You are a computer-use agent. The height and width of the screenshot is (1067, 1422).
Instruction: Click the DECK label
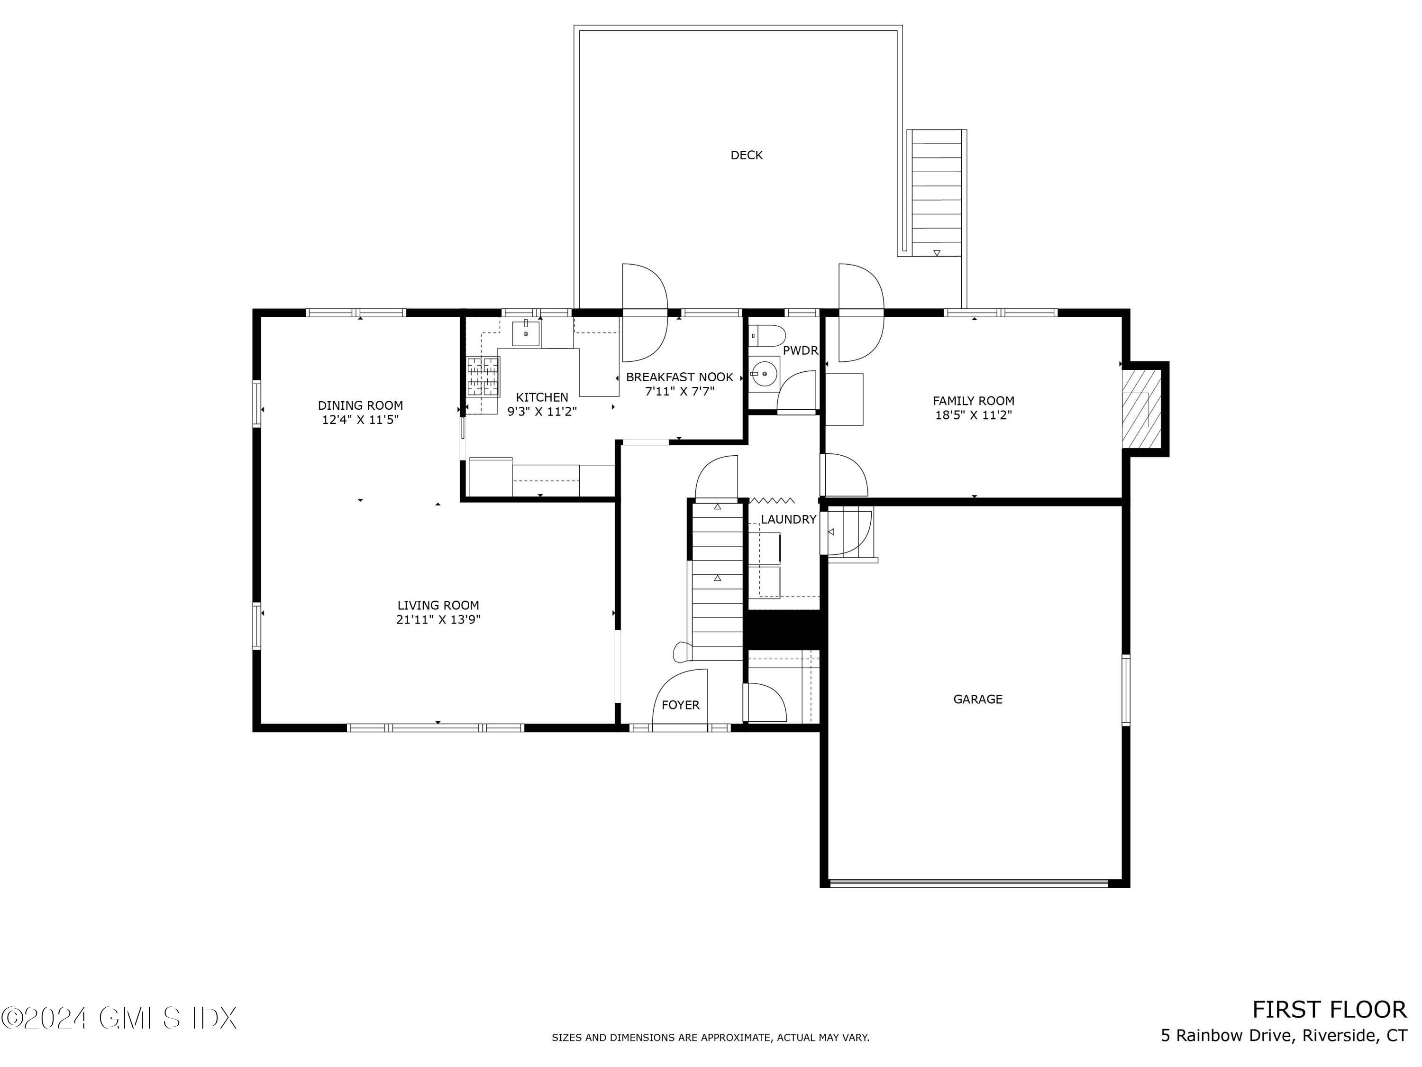tap(747, 155)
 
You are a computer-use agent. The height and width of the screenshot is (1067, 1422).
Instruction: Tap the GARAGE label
tap(977, 699)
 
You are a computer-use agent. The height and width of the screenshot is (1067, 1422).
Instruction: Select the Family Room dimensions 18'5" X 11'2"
tap(973, 415)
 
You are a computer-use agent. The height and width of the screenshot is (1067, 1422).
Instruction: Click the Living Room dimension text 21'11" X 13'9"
tap(438, 620)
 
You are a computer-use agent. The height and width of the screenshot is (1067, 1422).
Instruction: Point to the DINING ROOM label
tap(360, 405)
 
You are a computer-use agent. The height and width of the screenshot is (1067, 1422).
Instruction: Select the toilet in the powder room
tap(769, 336)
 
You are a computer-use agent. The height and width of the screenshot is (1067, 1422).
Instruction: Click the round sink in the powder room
tap(764, 374)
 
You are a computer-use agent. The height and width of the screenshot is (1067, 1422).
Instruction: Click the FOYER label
tap(680, 705)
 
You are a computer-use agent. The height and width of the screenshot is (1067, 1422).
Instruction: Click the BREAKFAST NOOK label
tap(680, 377)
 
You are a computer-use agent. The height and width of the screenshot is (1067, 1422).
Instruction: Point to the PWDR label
tap(800, 350)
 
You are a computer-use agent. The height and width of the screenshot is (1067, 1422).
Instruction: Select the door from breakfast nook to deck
tap(644, 313)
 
